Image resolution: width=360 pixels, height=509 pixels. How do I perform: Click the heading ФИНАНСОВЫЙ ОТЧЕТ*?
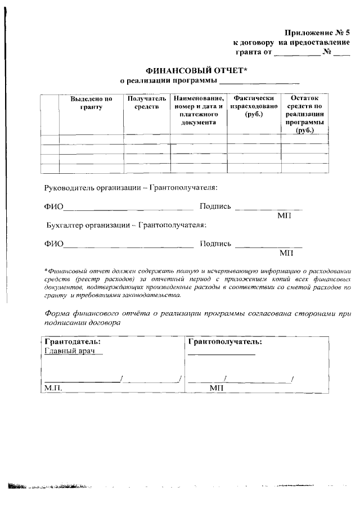click(197, 71)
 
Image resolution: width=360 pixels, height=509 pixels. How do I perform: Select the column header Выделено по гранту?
click(91, 102)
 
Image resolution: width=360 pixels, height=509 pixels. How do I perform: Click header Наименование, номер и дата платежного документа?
click(195, 110)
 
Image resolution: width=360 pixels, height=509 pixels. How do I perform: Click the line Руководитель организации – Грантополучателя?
click(130, 187)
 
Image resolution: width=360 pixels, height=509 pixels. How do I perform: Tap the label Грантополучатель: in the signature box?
click(225, 341)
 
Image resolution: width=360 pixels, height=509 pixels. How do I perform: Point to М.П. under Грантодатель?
click(52, 388)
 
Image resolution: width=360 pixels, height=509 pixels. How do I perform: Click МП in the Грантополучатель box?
click(217, 388)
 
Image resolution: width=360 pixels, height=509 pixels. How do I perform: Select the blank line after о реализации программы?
click(259, 83)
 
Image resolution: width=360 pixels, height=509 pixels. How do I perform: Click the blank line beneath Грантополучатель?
click(221, 354)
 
